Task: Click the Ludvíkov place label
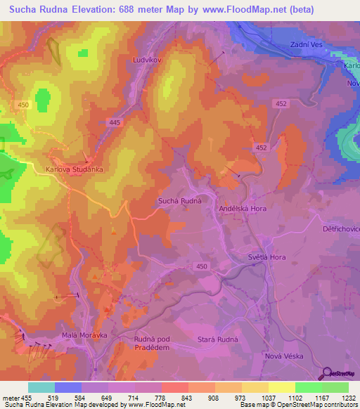[148, 60]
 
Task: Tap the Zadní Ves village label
[306, 44]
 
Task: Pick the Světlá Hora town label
[267, 257]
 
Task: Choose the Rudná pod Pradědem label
[157, 344]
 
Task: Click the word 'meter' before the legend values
[11, 398]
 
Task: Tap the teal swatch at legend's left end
[41, 387]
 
